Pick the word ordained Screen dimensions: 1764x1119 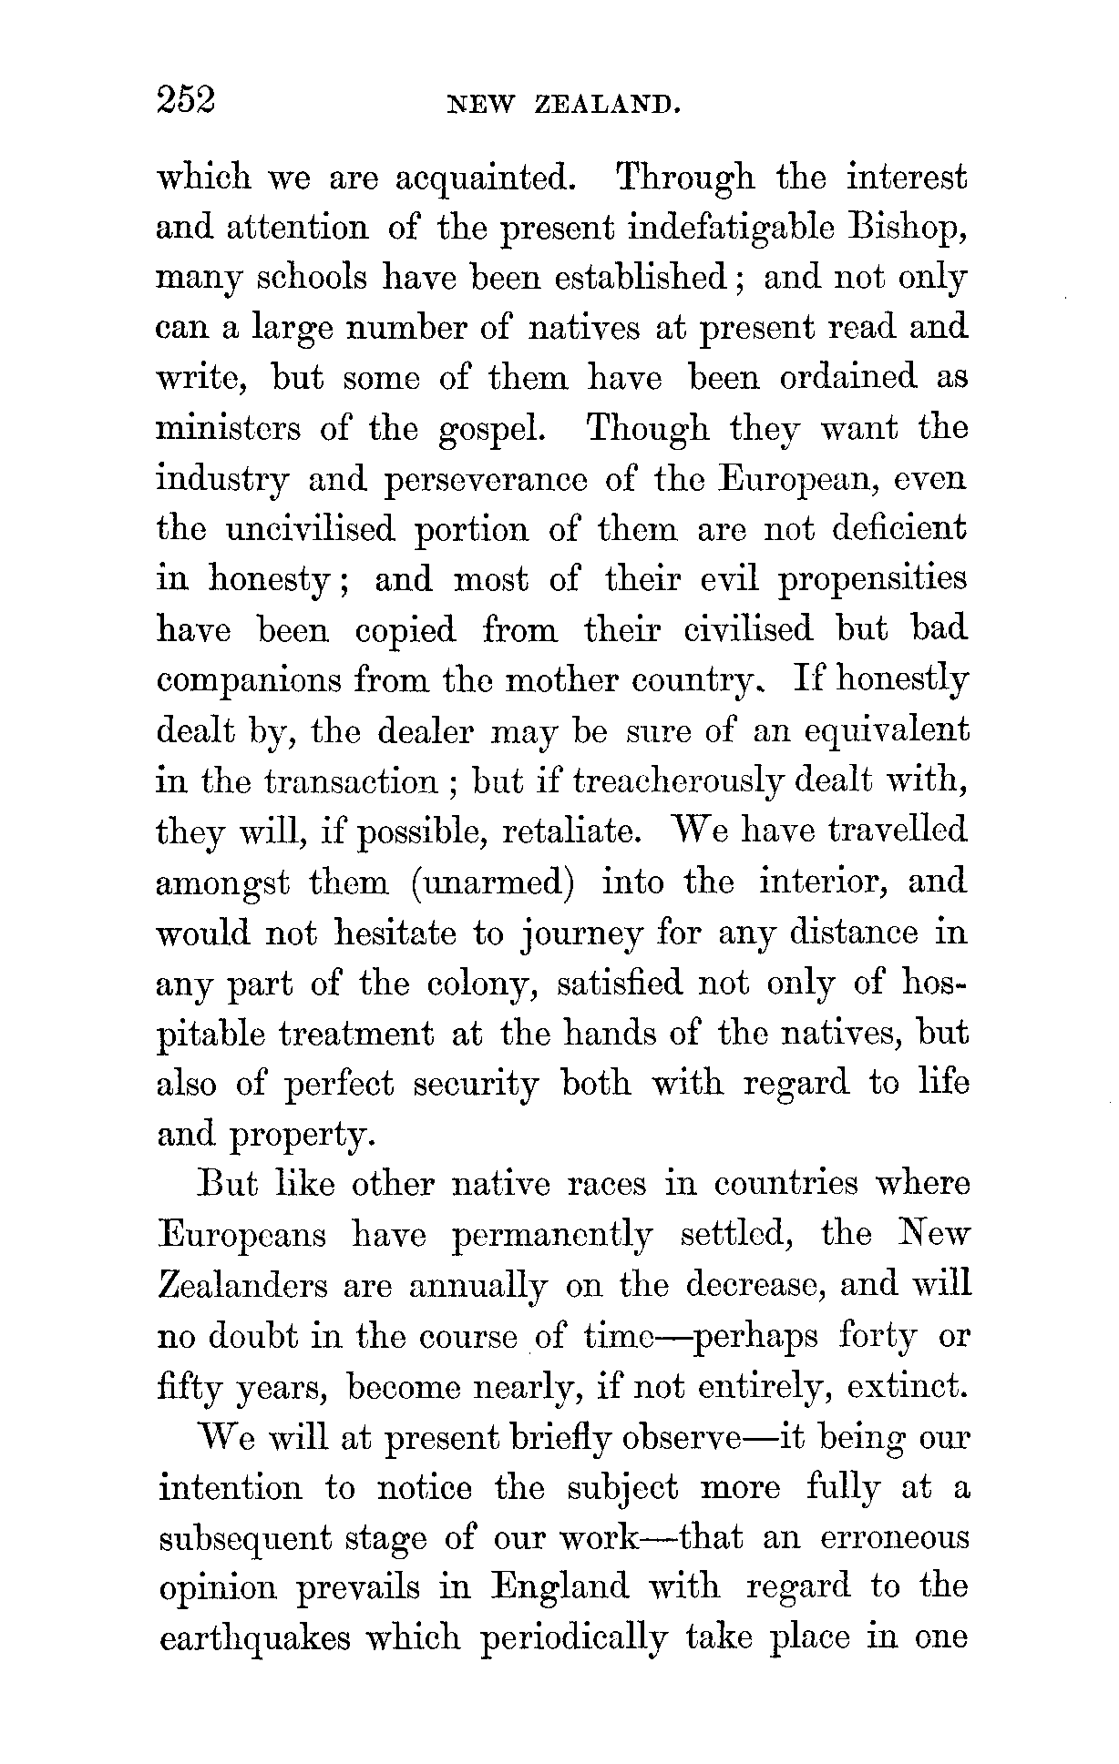click(x=848, y=377)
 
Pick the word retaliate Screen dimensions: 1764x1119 click(x=573, y=831)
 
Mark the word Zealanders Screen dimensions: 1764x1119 click(x=243, y=1286)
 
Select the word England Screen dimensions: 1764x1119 click(x=560, y=1588)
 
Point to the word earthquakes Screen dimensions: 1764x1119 click(x=255, y=1638)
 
